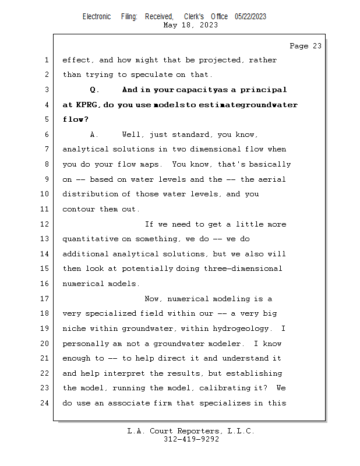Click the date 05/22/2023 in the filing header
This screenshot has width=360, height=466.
point(250,17)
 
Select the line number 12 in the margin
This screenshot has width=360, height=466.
point(47,224)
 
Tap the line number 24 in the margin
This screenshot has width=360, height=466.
point(47,403)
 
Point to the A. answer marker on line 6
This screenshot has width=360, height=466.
point(95,135)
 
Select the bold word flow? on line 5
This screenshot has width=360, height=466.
point(76,120)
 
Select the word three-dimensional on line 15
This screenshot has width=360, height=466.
point(243,269)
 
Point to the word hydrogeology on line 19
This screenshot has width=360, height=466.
point(242,329)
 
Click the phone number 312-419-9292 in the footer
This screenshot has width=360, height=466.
point(191,440)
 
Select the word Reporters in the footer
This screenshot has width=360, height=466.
point(197,432)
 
